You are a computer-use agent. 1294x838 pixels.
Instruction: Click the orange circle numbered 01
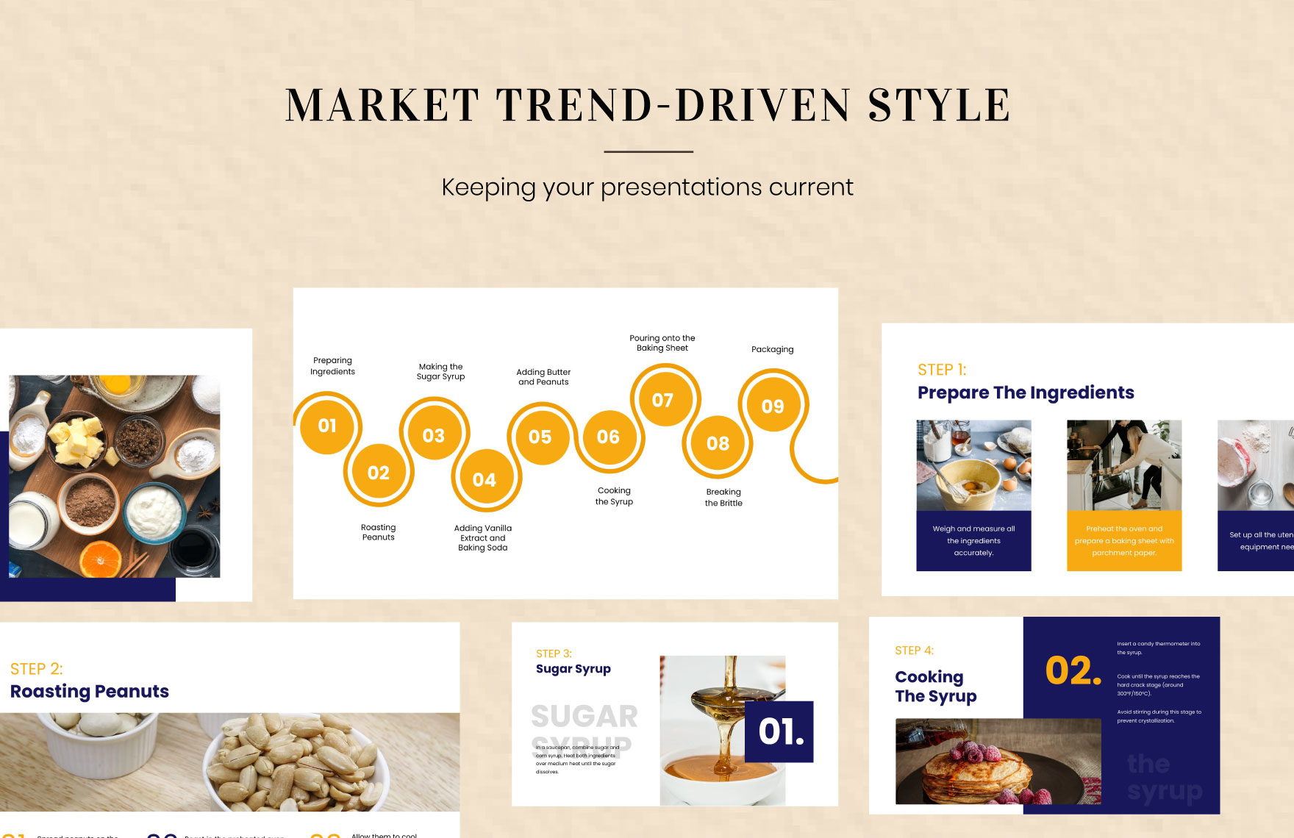coord(327,426)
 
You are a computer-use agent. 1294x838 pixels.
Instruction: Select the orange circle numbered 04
coord(484,480)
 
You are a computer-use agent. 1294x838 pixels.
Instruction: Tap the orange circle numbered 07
coord(662,400)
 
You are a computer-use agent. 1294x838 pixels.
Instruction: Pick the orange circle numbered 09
coord(772,407)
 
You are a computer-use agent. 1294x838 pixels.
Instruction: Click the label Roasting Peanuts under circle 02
coord(378,532)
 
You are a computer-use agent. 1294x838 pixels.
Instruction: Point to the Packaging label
coord(772,349)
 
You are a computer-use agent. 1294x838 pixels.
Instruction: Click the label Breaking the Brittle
coord(723,498)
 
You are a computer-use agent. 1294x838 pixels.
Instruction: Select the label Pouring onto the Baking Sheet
coord(662,343)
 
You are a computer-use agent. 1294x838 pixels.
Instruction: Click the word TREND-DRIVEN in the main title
coord(673,105)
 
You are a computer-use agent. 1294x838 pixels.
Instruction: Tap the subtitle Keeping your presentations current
coord(647,187)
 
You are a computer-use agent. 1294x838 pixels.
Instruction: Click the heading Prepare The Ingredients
coord(1025,393)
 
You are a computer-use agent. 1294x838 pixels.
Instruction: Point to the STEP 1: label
coord(942,370)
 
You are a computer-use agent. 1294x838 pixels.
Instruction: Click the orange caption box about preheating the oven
coord(1124,540)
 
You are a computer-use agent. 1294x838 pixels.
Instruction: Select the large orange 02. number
coord(1073,670)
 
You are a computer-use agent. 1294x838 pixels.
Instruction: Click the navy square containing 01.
coord(779,731)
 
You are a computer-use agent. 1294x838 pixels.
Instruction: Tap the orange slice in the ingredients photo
coord(101,560)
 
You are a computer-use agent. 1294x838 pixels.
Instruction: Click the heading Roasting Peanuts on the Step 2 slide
coord(90,691)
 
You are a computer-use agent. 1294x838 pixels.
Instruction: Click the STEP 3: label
coord(554,653)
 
